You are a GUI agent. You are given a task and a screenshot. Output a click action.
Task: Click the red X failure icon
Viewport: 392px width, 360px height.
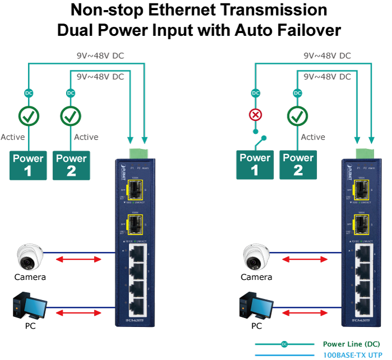[x=255, y=116]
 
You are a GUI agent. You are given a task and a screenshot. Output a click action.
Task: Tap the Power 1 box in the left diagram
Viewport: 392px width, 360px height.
[x=28, y=165]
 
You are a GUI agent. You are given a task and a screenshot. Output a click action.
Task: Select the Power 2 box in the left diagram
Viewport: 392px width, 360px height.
[x=71, y=165]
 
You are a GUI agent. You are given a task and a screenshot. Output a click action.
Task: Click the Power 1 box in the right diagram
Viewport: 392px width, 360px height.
[x=255, y=165]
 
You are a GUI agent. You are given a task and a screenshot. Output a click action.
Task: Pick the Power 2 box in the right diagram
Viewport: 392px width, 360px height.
[x=298, y=165]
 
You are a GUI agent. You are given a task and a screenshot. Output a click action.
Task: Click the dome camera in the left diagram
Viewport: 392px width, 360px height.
[x=27, y=257]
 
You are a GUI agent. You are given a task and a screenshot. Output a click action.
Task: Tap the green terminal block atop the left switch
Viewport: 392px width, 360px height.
[x=138, y=152]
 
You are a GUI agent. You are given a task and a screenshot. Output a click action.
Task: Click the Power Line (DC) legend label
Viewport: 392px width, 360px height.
[x=351, y=344]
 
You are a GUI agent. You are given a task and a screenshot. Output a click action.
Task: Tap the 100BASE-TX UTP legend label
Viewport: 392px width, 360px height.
[x=352, y=355]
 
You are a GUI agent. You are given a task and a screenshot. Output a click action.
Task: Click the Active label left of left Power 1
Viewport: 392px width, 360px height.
[x=12, y=137]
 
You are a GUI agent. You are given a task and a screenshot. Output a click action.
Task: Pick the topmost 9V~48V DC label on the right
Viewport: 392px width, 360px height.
[x=327, y=56]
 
